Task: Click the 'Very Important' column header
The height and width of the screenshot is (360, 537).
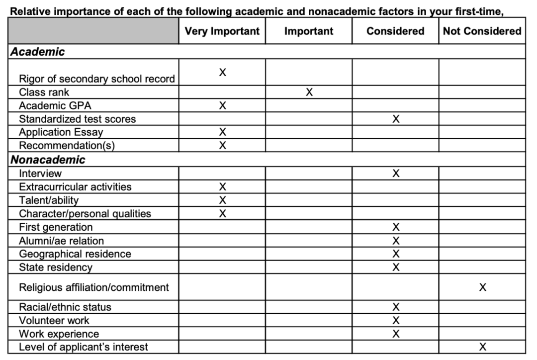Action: click(x=222, y=31)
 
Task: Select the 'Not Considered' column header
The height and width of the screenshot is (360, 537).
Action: click(x=482, y=31)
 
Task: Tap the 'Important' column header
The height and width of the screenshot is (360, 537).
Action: click(x=309, y=31)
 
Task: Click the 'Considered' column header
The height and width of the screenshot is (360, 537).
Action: click(x=395, y=31)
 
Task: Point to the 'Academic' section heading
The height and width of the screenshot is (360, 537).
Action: click(x=38, y=52)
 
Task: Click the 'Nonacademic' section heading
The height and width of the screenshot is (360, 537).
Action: click(x=48, y=160)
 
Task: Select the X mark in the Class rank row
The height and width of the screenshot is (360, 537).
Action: click(x=309, y=92)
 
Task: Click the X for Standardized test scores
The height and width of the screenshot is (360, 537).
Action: click(x=395, y=119)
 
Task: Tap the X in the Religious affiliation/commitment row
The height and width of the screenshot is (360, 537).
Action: click(x=482, y=287)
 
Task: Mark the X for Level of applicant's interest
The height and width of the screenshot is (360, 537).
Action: click(x=482, y=347)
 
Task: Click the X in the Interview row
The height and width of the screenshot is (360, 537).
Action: click(x=395, y=173)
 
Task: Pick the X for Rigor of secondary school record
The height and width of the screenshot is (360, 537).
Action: click(x=222, y=73)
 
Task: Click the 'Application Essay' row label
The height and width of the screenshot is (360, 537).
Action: click(x=61, y=132)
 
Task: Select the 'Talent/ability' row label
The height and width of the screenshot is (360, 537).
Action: click(x=49, y=200)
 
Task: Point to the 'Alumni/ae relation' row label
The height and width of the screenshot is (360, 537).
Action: click(x=62, y=241)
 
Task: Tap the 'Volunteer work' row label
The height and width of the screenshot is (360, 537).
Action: click(x=54, y=320)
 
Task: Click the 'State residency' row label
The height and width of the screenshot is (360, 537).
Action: click(x=56, y=268)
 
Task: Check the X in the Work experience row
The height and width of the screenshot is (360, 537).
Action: click(x=395, y=334)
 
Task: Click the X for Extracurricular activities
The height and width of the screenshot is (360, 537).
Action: click(x=222, y=186)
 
